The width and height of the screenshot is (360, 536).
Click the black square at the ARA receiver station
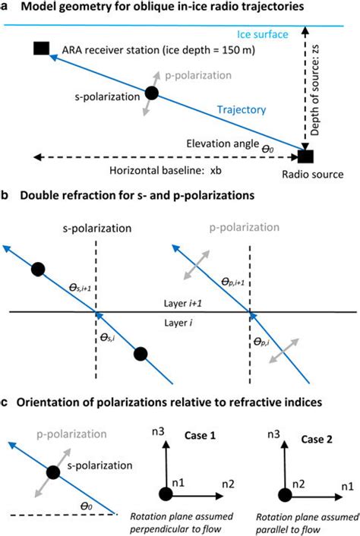[43, 49]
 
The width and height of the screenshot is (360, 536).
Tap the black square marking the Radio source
[305, 157]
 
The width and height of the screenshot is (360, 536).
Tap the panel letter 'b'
[6, 199]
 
